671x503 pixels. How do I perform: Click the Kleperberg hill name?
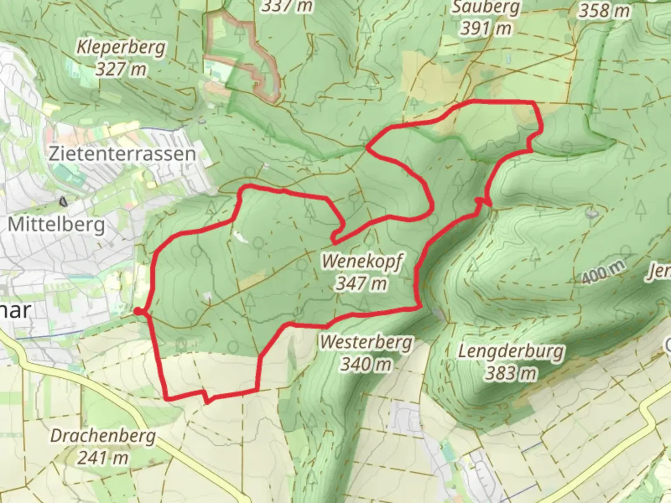(121, 48)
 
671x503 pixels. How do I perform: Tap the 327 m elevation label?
(121, 69)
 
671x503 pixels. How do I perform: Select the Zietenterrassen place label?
(122, 154)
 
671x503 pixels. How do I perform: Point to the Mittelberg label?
(56, 225)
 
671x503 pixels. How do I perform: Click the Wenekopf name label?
(362, 261)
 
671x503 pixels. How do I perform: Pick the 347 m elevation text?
(362, 283)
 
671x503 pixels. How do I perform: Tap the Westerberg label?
(366, 342)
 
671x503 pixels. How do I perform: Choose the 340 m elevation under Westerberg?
(366, 364)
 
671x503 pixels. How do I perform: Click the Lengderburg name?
(511, 351)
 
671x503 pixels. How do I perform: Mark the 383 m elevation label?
(511, 373)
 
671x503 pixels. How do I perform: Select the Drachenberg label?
(103, 436)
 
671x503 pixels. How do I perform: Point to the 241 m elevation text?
(103, 458)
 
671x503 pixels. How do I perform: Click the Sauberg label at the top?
(486, 8)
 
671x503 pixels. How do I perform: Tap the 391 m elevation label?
(486, 29)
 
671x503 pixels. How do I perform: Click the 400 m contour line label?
(603, 272)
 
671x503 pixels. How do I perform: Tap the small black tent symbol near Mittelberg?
(62, 202)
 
